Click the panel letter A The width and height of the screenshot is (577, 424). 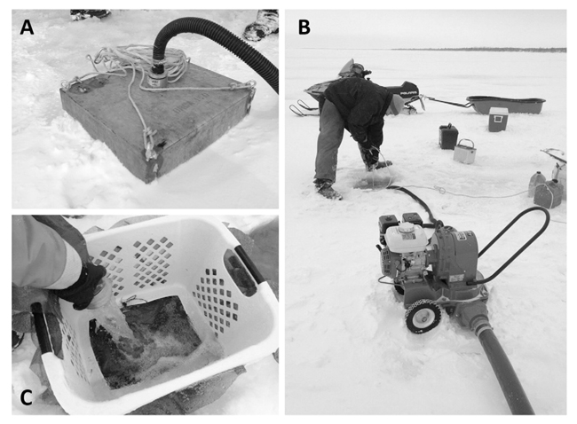[x=27, y=27]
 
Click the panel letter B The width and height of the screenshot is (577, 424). [x=304, y=27]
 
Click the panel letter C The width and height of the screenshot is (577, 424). [x=27, y=398]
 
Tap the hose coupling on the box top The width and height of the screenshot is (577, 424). [x=155, y=75]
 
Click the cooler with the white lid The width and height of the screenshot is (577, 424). [x=498, y=119]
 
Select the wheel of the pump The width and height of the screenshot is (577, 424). [x=423, y=317]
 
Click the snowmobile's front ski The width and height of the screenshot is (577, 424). [x=304, y=109]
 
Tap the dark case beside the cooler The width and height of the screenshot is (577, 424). [x=448, y=136]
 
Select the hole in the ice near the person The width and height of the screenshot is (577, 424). [x=374, y=181]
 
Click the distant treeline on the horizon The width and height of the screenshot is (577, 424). [x=478, y=50]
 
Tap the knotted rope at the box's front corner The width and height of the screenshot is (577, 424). [x=150, y=146]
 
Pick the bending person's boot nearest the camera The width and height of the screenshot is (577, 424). [x=328, y=191]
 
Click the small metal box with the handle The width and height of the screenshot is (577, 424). [x=464, y=151]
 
